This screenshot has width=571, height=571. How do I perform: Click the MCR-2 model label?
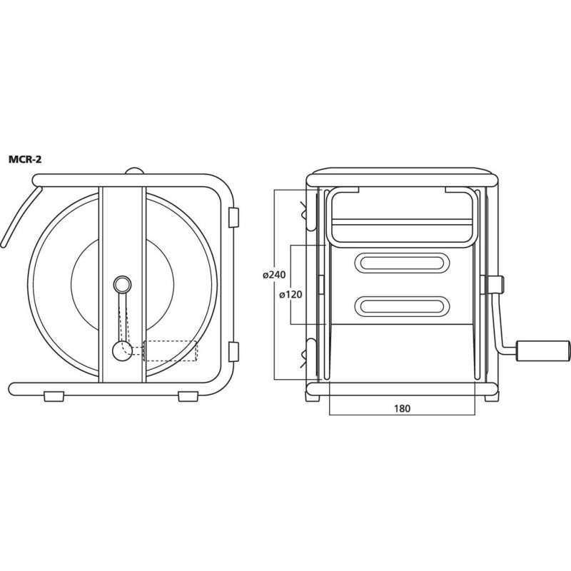[25, 159]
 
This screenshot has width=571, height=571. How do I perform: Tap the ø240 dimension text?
[274, 276]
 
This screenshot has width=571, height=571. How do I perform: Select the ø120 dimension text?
[290, 294]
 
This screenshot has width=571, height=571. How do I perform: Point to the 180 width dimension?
[402, 408]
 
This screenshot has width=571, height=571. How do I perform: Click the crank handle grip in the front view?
[542, 350]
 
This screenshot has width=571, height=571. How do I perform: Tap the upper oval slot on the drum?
[402, 263]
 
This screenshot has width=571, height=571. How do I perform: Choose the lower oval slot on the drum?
[402, 306]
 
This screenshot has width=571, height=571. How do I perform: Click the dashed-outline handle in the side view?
[171, 350]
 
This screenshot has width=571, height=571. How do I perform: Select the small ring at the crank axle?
[122, 284]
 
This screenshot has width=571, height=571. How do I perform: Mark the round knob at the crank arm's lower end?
[121, 351]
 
